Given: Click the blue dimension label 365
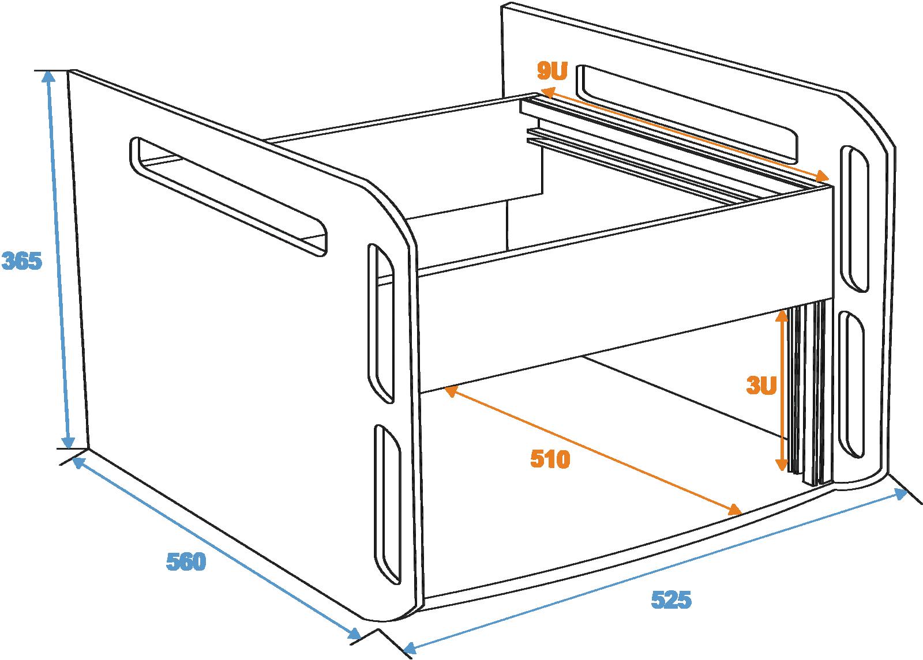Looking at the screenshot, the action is pyautogui.click(x=22, y=261).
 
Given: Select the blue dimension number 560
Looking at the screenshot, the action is pyautogui.click(x=186, y=561).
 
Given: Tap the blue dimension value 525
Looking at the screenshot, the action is pyautogui.click(x=671, y=599).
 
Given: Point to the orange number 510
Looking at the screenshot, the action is pyautogui.click(x=550, y=459).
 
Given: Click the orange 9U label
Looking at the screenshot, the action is pyautogui.click(x=552, y=70).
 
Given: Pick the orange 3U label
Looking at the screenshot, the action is pyautogui.click(x=761, y=386).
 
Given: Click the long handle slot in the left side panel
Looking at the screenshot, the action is pyautogui.click(x=228, y=196).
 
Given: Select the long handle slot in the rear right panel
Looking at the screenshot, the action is pyautogui.click(x=687, y=114).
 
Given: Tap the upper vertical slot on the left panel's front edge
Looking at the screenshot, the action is pyautogui.click(x=381, y=323).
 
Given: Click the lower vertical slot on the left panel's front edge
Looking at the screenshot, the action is pyautogui.click(x=387, y=504).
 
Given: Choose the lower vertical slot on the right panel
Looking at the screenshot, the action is pyautogui.click(x=851, y=384).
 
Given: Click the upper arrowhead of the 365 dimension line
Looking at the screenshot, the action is pyautogui.click(x=48, y=77).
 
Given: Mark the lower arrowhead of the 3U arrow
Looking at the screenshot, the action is pyautogui.click(x=782, y=465).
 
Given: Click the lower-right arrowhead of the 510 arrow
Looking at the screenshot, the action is pyautogui.click(x=734, y=510).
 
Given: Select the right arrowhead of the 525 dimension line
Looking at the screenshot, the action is pyautogui.click(x=899, y=494).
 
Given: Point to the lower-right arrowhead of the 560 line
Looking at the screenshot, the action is pyautogui.click(x=355, y=634).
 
